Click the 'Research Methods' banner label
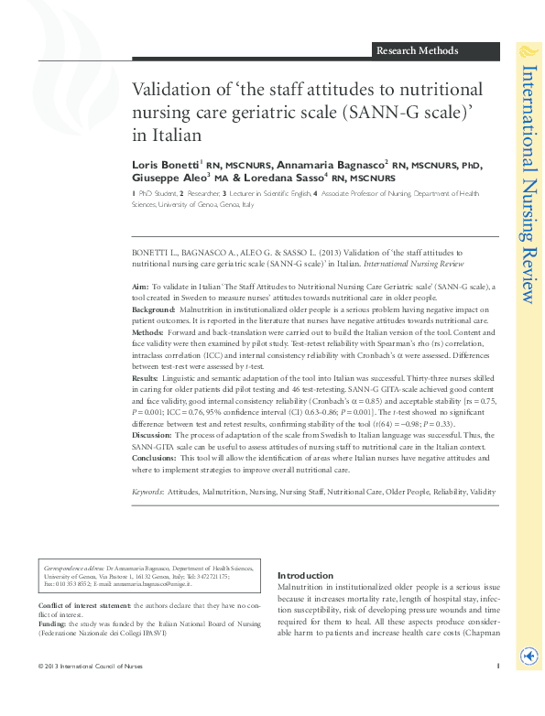[x=417, y=50]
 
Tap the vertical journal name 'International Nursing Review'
[x=529, y=183]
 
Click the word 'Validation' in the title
[x=169, y=90]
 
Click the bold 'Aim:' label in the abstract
[x=141, y=287]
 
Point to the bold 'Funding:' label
[x=53, y=624]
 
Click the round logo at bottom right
[x=528, y=656]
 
